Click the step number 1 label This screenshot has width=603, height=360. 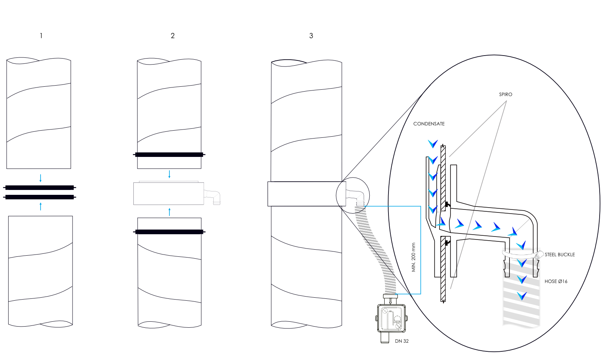pyautogui.click(x=41, y=36)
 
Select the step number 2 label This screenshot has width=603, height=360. pyautogui.click(x=172, y=36)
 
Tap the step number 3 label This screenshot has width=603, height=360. pyautogui.click(x=311, y=36)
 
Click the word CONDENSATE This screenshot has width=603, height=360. pyautogui.click(x=429, y=124)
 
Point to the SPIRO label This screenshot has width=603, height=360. pyautogui.click(x=505, y=95)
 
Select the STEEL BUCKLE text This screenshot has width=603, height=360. pyautogui.click(x=560, y=255)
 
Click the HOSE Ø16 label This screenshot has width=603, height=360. pyautogui.click(x=556, y=281)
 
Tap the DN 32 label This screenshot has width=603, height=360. pyautogui.click(x=402, y=341)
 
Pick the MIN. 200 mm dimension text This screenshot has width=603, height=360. pyautogui.click(x=414, y=257)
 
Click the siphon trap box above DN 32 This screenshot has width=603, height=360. pyautogui.click(x=391, y=318)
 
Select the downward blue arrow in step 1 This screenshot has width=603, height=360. pyautogui.click(x=41, y=178)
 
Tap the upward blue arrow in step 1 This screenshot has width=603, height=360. pyautogui.click(x=41, y=206)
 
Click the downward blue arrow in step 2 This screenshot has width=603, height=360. pyautogui.click(x=169, y=174)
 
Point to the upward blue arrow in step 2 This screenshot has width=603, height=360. pyautogui.click(x=169, y=212)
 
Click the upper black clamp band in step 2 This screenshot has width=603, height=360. pyautogui.click(x=169, y=154)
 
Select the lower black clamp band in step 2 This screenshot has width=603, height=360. pyautogui.click(x=169, y=232)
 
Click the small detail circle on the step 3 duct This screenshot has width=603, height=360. pyautogui.click(x=352, y=195)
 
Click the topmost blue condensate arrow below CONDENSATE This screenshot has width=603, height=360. pyautogui.click(x=433, y=143)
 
